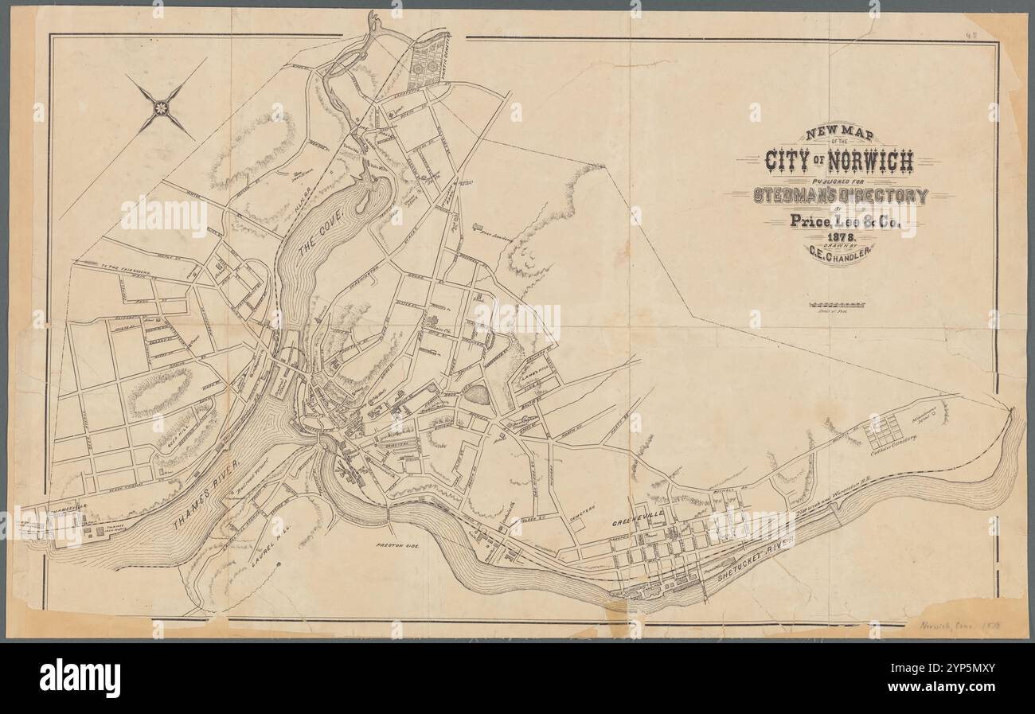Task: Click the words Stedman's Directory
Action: [x=841, y=196]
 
